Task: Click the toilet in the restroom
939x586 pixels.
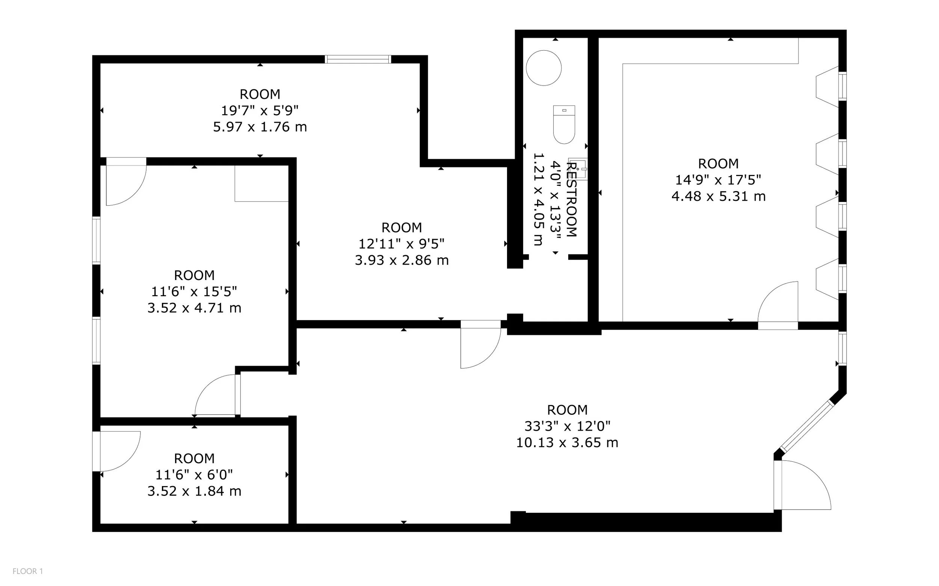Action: [564, 124]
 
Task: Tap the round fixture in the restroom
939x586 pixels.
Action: [543, 68]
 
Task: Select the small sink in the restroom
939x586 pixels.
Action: [578, 169]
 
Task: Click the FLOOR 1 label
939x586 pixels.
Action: [27, 571]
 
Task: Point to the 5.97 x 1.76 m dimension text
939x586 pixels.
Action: [260, 127]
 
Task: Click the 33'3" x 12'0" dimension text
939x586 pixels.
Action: [567, 426]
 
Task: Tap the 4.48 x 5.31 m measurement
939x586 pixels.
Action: [719, 196]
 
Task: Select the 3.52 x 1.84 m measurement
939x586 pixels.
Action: [194, 491]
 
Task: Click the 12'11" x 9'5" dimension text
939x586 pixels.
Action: [401, 243]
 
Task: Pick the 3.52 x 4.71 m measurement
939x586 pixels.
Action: [194, 308]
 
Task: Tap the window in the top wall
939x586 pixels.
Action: [358, 59]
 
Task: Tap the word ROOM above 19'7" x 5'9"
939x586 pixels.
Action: [260, 94]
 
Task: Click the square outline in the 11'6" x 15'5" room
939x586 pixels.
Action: [262, 183]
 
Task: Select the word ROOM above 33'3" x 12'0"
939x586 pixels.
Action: [567, 410]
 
